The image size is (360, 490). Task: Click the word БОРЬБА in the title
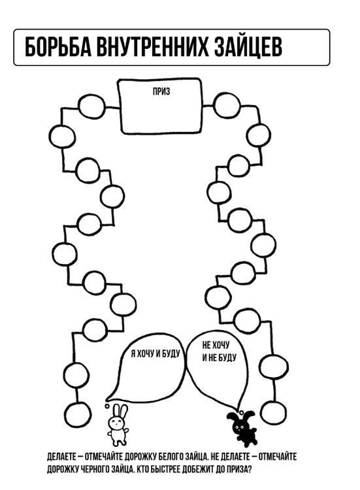pyautogui.click(x=57, y=47)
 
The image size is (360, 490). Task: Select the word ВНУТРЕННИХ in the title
pyautogui.click(x=152, y=47)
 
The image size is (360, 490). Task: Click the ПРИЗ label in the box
pyautogui.click(x=161, y=91)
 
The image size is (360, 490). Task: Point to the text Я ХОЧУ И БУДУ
pyautogui.click(x=155, y=353)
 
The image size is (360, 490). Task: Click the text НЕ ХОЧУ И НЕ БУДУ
pyautogui.click(x=219, y=351)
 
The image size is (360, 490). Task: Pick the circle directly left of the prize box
pyautogui.click(x=91, y=106)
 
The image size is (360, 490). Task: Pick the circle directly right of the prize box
pyautogui.click(x=227, y=105)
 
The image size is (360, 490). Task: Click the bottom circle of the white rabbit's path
pyautogui.click(x=78, y=414)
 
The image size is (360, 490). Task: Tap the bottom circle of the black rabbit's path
pyautogui.click(x=273, y=412)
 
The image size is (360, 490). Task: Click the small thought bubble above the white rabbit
pyautogui.click(x=107, y=406)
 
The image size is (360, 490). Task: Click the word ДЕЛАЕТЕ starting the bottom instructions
pyautogui.click(x=61, y=457)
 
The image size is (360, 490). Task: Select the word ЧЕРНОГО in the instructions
pyautogui.click(x=95, y=469)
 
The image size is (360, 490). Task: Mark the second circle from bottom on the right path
pyautogui.click(x=274, y=367)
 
